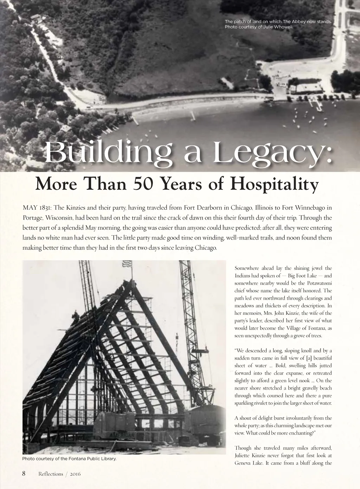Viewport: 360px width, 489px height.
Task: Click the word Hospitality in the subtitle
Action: point(274,184)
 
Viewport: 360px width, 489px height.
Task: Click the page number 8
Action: point(24,473)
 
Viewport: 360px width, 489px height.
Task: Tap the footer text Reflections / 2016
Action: point(59,474)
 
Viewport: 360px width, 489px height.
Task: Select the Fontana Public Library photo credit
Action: point(69,459)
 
